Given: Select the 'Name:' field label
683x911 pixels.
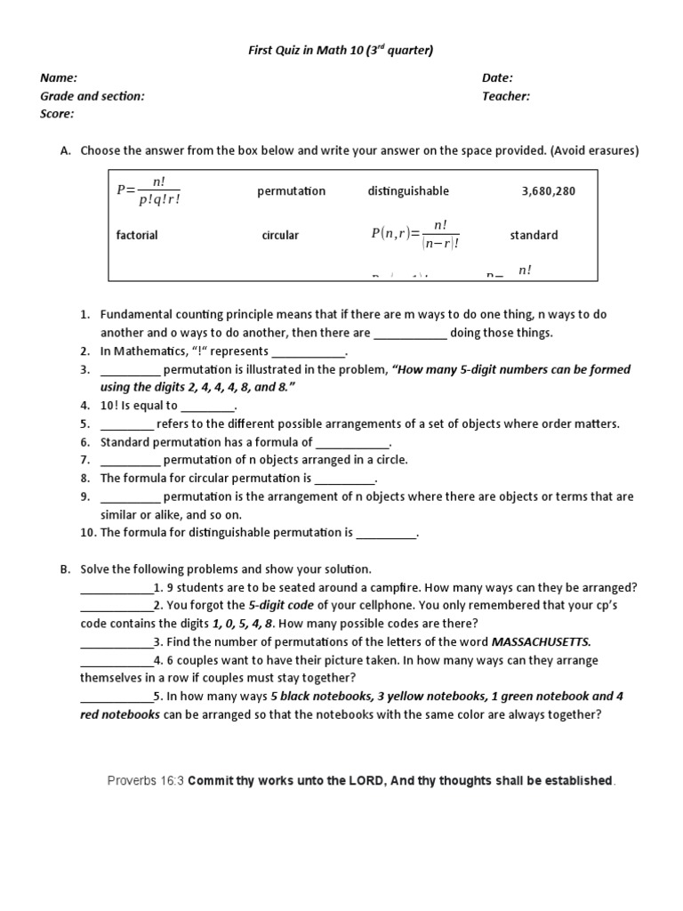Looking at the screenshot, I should coord(58,78).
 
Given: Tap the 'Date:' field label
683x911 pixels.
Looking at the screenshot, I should coord(497,78).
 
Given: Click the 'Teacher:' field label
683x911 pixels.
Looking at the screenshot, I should coord(506,96).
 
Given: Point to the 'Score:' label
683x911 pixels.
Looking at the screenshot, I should coord(57,114).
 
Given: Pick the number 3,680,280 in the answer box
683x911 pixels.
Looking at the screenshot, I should coord(548,191).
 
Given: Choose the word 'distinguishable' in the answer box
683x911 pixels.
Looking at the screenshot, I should coord(408,191).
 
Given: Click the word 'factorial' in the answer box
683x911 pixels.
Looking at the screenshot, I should coord(137,236).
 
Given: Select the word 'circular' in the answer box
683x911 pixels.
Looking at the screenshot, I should coord(280,236).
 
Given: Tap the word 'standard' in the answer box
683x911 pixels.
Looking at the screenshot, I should coord(534,236).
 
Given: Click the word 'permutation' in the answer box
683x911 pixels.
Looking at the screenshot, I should coord(291,191).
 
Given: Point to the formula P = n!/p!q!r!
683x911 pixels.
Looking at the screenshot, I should coord(149,190).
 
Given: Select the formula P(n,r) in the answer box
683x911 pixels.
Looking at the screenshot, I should coord(414,235).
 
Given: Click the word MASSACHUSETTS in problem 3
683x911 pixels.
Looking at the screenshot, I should coord(541,641).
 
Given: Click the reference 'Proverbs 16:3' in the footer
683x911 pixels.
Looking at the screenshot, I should coord(145,780).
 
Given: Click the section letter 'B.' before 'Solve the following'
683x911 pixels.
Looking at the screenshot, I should coord(65,568).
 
